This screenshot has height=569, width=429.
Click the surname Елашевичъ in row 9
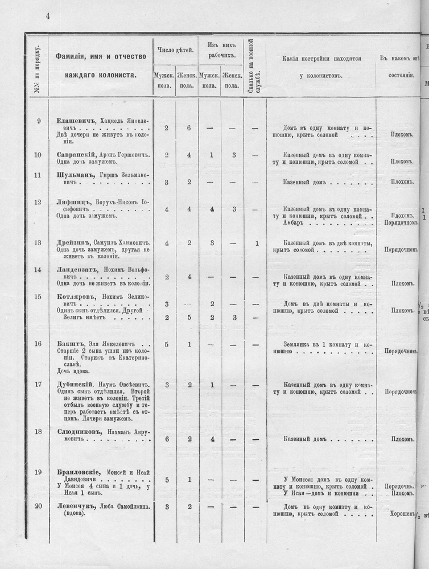pyautogui.click(x=77, y=121)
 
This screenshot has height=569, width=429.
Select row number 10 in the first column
pyautogui.click(x=38, y=155)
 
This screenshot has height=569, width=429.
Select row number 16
pyautogui.click(x=38, y=344)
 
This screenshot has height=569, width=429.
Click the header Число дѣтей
pyautogui.click(x=175, y=51)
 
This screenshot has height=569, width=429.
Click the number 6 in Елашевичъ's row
pyautogui.click(x=188, y=128)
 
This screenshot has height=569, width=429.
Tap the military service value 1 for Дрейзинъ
pyautogui.click(x=257, y=244)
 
